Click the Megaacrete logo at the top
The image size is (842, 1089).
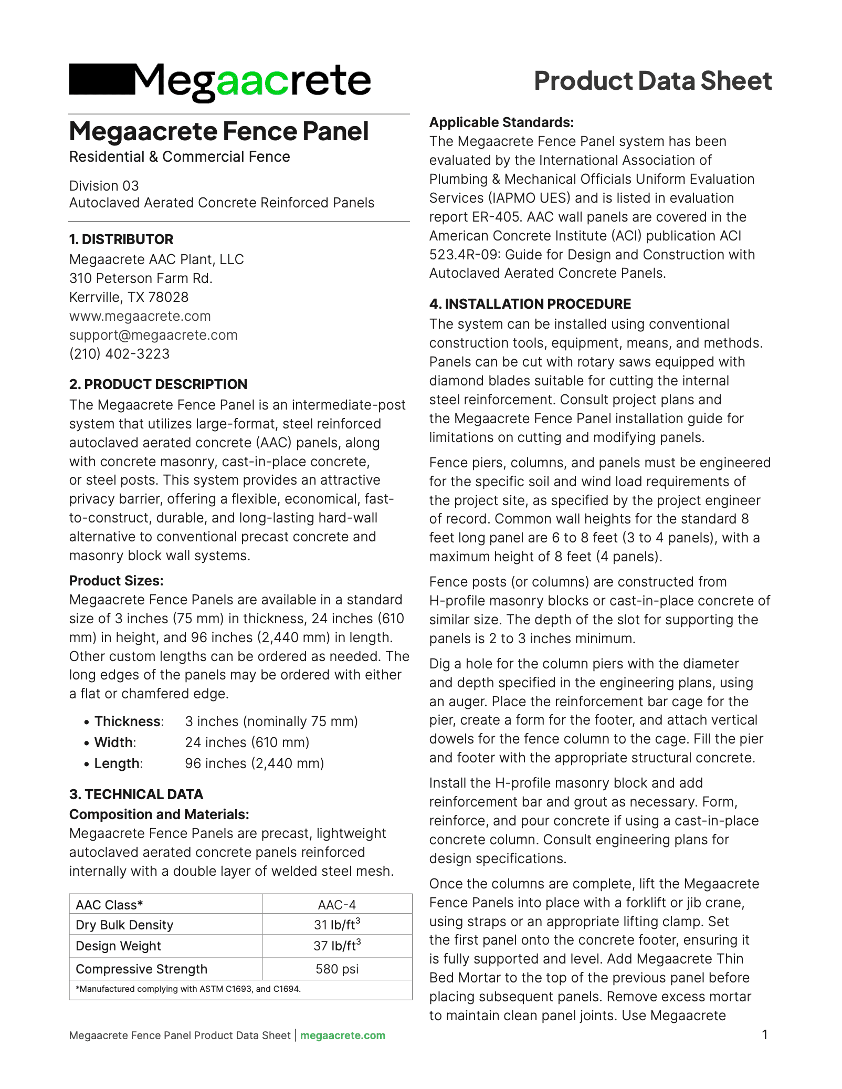[220, 81]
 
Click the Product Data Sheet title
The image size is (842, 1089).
[652, 81]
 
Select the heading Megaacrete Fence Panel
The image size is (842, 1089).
[219, 131]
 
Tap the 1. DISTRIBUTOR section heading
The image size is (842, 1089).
[121, 239]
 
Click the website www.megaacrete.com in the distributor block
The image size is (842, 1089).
[140, 316]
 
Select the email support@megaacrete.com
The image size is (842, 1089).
[153, 335]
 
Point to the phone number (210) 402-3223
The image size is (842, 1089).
[120, 354]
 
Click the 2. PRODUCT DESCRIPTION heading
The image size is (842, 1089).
[158, 384]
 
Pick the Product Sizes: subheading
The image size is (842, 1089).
[117, 581]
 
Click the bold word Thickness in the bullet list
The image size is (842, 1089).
[128, 721]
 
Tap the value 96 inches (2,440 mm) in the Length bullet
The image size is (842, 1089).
[254, 763]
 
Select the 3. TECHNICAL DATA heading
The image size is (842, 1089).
[136, 794]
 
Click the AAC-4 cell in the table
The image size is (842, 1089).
[337, 905]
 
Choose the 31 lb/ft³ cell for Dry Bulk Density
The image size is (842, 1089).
[337, 925]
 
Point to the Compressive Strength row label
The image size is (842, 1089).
[142, 969]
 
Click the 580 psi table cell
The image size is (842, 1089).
[337, 969]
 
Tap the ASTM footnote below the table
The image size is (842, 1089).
[188, 989]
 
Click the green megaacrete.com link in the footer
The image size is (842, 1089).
[343, 1035]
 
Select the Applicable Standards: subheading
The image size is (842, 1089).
[501, 122]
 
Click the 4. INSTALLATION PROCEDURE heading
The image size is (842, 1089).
[530, 304]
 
